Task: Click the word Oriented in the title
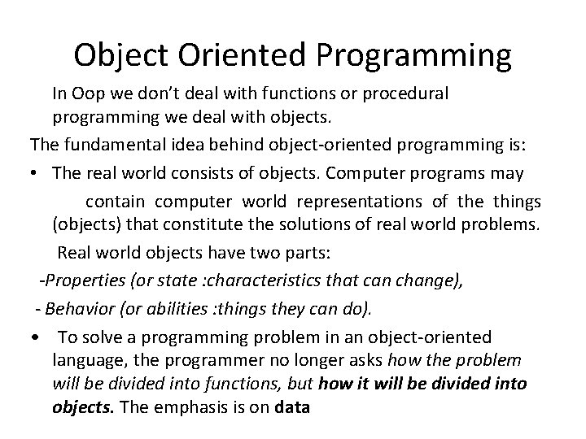(x=248, y=54)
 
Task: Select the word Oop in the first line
(x=90, y=93)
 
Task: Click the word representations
(x=356, y=201)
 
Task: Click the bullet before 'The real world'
(x=36, y=174)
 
